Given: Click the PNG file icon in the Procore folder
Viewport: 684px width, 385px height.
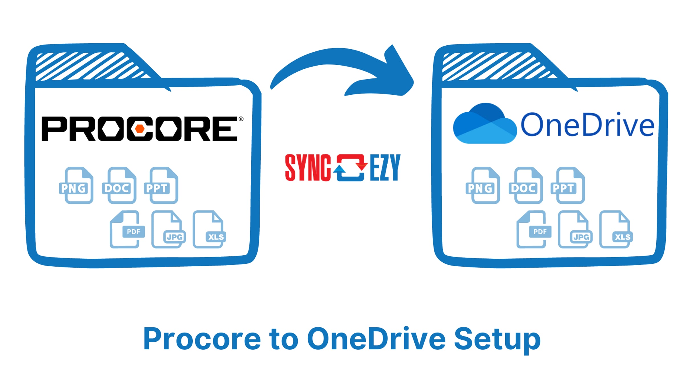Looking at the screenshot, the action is (76, 185).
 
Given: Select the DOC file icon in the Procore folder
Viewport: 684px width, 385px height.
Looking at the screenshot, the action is (119, 185).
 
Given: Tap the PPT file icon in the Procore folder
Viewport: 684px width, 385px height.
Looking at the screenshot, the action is (161, 185).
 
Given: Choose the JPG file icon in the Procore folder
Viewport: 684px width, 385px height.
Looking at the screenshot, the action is (168, 229).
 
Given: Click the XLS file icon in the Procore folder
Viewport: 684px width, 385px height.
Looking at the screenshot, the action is (209, 229).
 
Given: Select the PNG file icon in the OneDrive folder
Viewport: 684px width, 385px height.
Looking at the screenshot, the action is (483, 185).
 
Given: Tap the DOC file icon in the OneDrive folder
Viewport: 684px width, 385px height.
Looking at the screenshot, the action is (526, 185).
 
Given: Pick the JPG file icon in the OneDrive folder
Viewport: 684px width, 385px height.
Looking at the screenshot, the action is (575, 229).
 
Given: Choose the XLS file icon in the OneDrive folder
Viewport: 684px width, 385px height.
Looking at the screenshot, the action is (616, 229).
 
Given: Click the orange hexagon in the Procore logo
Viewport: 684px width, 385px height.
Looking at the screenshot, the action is (140, 129).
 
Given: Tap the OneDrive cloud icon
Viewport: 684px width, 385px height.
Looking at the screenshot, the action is (485, 123).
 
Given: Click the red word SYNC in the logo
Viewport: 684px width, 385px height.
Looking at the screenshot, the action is (308, 168).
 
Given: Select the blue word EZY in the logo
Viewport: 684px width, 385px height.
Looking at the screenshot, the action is (385, 168).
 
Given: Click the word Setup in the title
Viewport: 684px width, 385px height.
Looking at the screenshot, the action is (497, 339).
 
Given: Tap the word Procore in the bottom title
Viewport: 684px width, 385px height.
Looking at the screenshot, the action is (202, 339).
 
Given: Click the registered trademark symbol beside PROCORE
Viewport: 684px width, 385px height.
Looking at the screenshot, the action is (241, 119).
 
